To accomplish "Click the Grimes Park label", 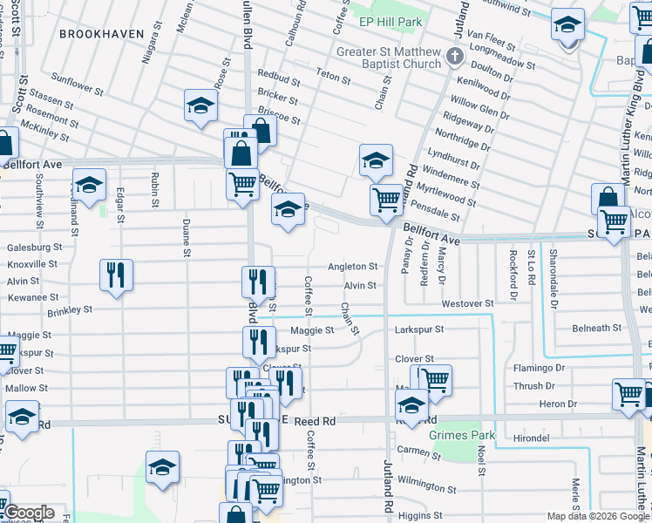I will pos(461,435).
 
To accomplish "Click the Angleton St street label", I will pos(352,267).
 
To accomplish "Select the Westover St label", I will pos(467,303).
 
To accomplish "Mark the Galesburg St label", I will pos(32,248).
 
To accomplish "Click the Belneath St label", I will pos(598,329).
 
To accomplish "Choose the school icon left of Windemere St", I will pos(376,160).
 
